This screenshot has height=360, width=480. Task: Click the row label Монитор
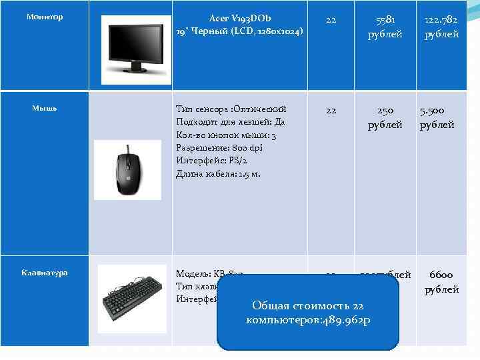(x=45, y=17)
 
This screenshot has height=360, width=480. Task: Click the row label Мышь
(x=45, y=108)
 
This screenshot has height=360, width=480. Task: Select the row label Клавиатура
(x=45, y=273)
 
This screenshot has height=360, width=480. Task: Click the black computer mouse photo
(x=127, y=169)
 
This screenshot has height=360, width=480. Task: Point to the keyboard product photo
(x=131, y=298)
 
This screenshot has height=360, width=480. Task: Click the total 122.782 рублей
(x=442, y=27)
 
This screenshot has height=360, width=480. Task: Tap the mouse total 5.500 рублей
(x=437, y=117)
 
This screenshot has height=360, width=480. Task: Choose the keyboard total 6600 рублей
(x=442, y=281)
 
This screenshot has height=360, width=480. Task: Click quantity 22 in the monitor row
(x=331, y=20)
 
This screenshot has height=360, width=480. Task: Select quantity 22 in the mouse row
(x=331, y=111)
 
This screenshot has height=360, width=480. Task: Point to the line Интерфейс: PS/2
(x=211, y=161)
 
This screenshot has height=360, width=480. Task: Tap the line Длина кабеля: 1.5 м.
(x=218, y=174)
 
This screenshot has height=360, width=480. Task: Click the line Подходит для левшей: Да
(x=230, y=122)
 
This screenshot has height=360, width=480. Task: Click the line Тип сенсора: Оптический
(x=231, y=109)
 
